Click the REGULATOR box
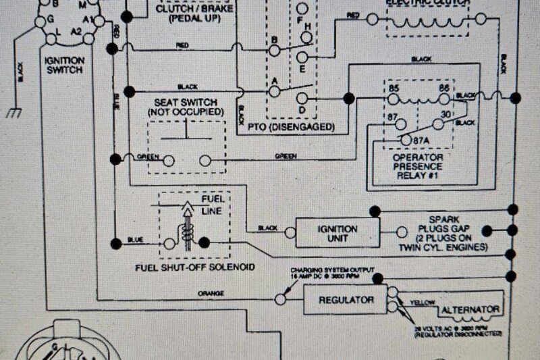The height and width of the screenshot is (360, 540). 337,299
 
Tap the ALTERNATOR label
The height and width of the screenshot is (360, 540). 471,310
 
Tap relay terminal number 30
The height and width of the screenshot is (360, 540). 446,115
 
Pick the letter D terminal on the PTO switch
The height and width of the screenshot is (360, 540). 302,110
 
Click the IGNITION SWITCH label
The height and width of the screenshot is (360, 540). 63,64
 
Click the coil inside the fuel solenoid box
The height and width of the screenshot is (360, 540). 187,233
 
